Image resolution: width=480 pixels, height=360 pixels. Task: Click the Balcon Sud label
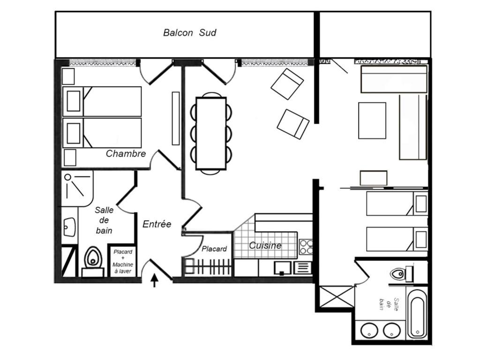[189, 32]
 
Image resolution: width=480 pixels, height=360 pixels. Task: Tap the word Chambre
[126, 153]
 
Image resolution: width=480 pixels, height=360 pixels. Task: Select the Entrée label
[157, 224]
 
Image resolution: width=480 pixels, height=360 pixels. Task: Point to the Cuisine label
[265, 245]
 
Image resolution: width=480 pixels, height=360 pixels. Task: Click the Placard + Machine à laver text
[123, 262]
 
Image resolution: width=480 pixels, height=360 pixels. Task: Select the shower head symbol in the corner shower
[67, 177]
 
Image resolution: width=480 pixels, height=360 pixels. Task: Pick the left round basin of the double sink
[369, 330]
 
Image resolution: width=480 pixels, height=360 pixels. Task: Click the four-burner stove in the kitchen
[306, 247]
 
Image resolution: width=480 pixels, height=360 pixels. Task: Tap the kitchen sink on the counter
[282, 268]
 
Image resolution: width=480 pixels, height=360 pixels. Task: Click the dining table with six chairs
[211, 133]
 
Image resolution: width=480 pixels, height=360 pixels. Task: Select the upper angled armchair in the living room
[287, 84]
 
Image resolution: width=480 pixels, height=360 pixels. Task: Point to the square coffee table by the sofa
[372, 120]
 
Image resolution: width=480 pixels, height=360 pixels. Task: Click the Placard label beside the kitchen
[214, 249]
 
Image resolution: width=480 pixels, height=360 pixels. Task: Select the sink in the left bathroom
[69, 227]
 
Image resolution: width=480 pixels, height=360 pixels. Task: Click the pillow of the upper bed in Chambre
[74, 101]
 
